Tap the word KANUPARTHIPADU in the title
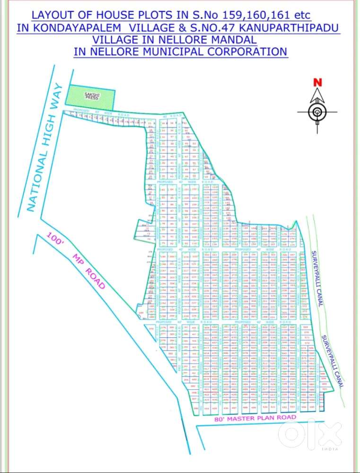[288, 27]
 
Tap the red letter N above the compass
[317, 82]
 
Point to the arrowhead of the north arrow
[317, 94]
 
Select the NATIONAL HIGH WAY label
[45, 147]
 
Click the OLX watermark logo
[310, 432]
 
